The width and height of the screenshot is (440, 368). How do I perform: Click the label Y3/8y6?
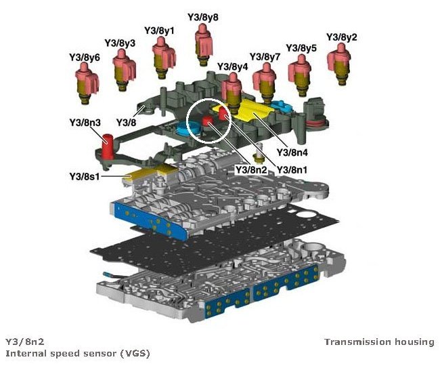[x=85, y=58]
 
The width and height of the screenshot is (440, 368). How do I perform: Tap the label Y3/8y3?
[x=120, y=43]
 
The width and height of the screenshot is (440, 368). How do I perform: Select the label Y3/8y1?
[x=159, y=30]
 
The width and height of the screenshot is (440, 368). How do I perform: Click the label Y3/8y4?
[x=232, y=66]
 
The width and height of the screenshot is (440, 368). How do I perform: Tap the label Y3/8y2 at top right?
[x=342, y=37]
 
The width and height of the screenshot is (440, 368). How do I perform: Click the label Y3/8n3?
[x=85, y=123]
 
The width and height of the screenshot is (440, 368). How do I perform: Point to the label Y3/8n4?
[x=292, y=153]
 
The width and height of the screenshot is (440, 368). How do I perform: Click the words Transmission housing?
[x=379, y=342]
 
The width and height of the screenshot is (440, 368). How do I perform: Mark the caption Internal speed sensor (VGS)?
[x=77, y=354]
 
